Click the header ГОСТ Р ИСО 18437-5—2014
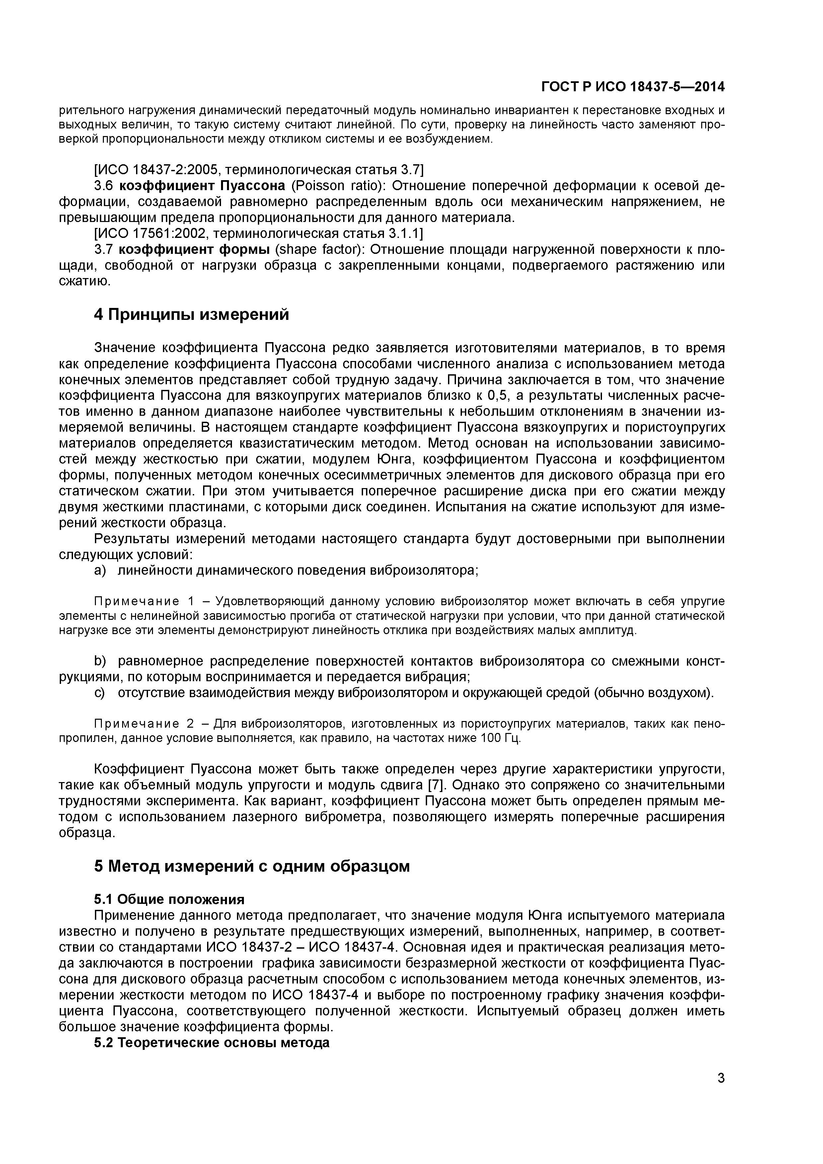(x=633, y=87)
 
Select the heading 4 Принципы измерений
(x=192, y=315)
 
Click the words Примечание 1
(x=144, y=601)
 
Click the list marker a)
(x=100, y=570)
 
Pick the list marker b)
(x=100, y=661)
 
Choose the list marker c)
(x=100, y=692)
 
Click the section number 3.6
(x=105, y=186)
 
